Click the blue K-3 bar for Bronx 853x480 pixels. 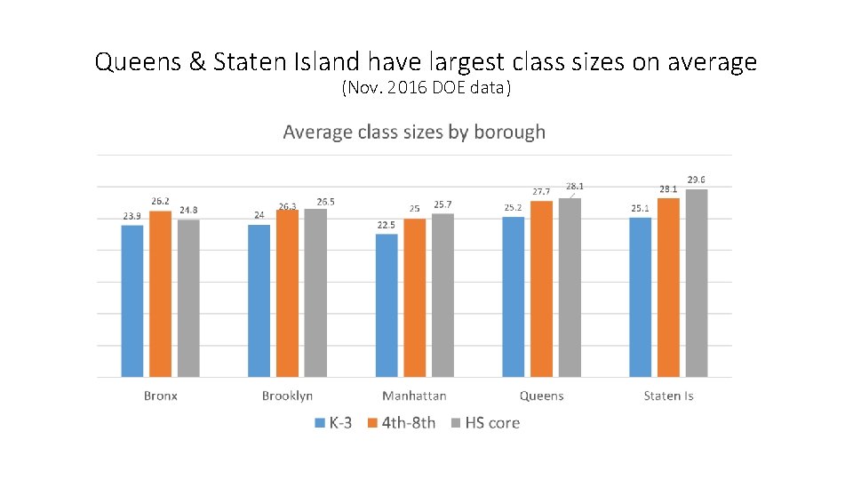[x=132, y=300]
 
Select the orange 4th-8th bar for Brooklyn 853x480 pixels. [x=287, y=293]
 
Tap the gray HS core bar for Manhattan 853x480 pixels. [x=442, y=295]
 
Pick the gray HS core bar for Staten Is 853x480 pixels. [x=697, y=283]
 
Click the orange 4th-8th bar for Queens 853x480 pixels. [x=541, y=289]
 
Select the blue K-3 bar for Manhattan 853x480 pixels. [x=387, y=305]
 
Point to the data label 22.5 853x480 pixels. [x=387, y=226]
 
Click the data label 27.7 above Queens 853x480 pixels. [x=541, y=192]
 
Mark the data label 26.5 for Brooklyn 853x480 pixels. [x=325, y=202]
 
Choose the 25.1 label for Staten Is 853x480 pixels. [x=640, y=209]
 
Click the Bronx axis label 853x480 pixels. [x=161, y=396]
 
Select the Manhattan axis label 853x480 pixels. [x=414, y=396]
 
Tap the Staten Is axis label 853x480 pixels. [x=668, y=396]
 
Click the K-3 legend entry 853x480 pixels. [x=332, y=423]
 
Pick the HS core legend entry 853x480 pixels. [x=485, y=423]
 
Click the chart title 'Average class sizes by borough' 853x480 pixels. [x=414, y=132]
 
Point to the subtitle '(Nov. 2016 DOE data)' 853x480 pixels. [x=426, y=88]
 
